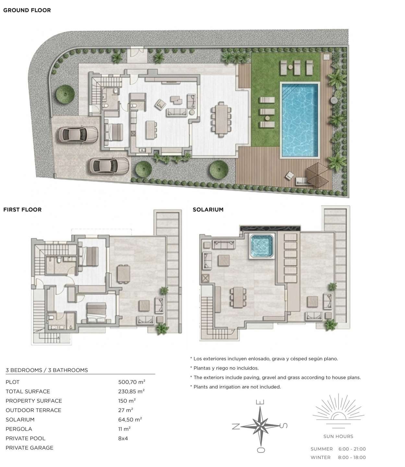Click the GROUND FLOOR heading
pos(27,10)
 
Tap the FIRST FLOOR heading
pos(22,210)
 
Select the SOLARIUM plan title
pos(208,210)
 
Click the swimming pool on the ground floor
pos(299,120)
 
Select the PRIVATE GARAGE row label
pos(30,448)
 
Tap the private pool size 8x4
pos(123,438)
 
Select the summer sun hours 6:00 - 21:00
pos(352,449)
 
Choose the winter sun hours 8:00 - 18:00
pos(352,457)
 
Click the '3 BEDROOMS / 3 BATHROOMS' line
pos(47,370)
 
